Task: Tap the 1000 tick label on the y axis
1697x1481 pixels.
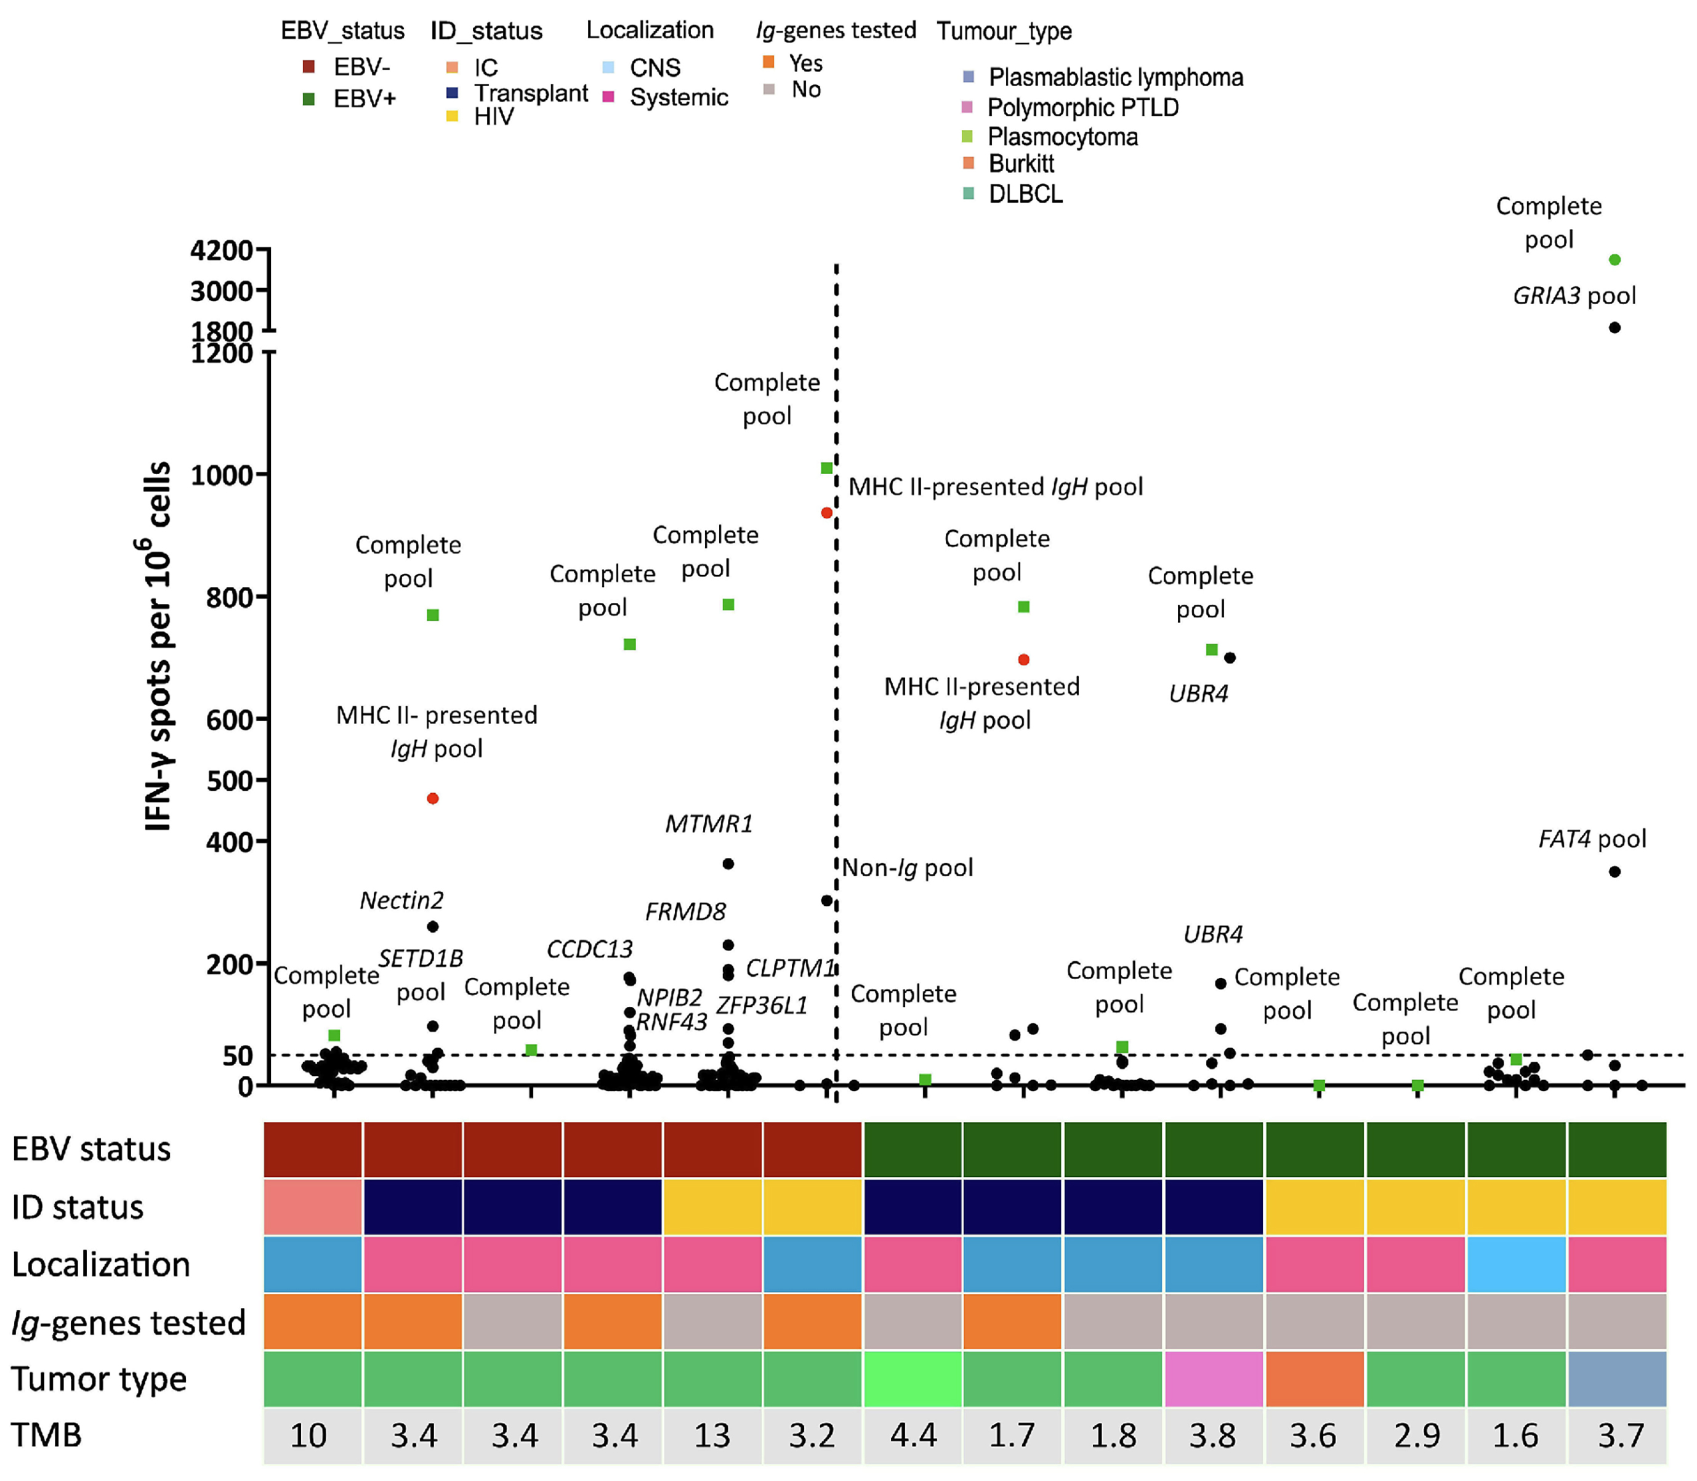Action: [x=222, y=475]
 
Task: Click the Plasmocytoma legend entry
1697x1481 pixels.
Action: [x=1062, y=136]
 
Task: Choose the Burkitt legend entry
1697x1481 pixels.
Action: [x=1020, y=164]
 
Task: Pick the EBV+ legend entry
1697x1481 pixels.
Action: [x=363, y=99]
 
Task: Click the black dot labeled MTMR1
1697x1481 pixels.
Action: [x=728, y=863]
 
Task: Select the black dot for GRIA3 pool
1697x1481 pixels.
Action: [x=1614, y=327]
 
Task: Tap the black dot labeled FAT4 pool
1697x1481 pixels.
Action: [x=1614, y=871]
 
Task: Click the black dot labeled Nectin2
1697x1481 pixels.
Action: [x=432, y=926]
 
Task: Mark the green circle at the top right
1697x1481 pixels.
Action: [x=1614, y=259]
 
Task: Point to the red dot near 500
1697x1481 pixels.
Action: [x=432, y=798]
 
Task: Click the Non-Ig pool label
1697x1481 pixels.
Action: [x=907, y=868]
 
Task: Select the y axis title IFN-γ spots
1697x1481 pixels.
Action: [x=157, y=645]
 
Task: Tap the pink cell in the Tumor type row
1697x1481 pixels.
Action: [x=1213, y=1379]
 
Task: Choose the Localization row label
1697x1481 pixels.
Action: [x=101, y=1264]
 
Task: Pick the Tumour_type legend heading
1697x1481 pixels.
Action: [x=1004, y=31]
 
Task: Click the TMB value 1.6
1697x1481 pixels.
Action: [x=1515, y=1435]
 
